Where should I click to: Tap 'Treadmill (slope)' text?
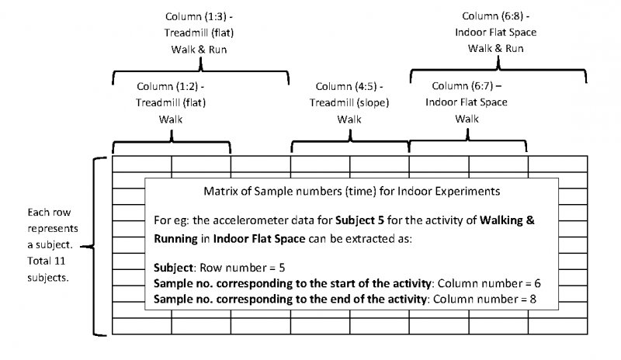(x=349, y=102)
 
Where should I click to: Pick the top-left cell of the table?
(x=142, y=162)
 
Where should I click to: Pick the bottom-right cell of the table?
(x=557, y=325)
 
